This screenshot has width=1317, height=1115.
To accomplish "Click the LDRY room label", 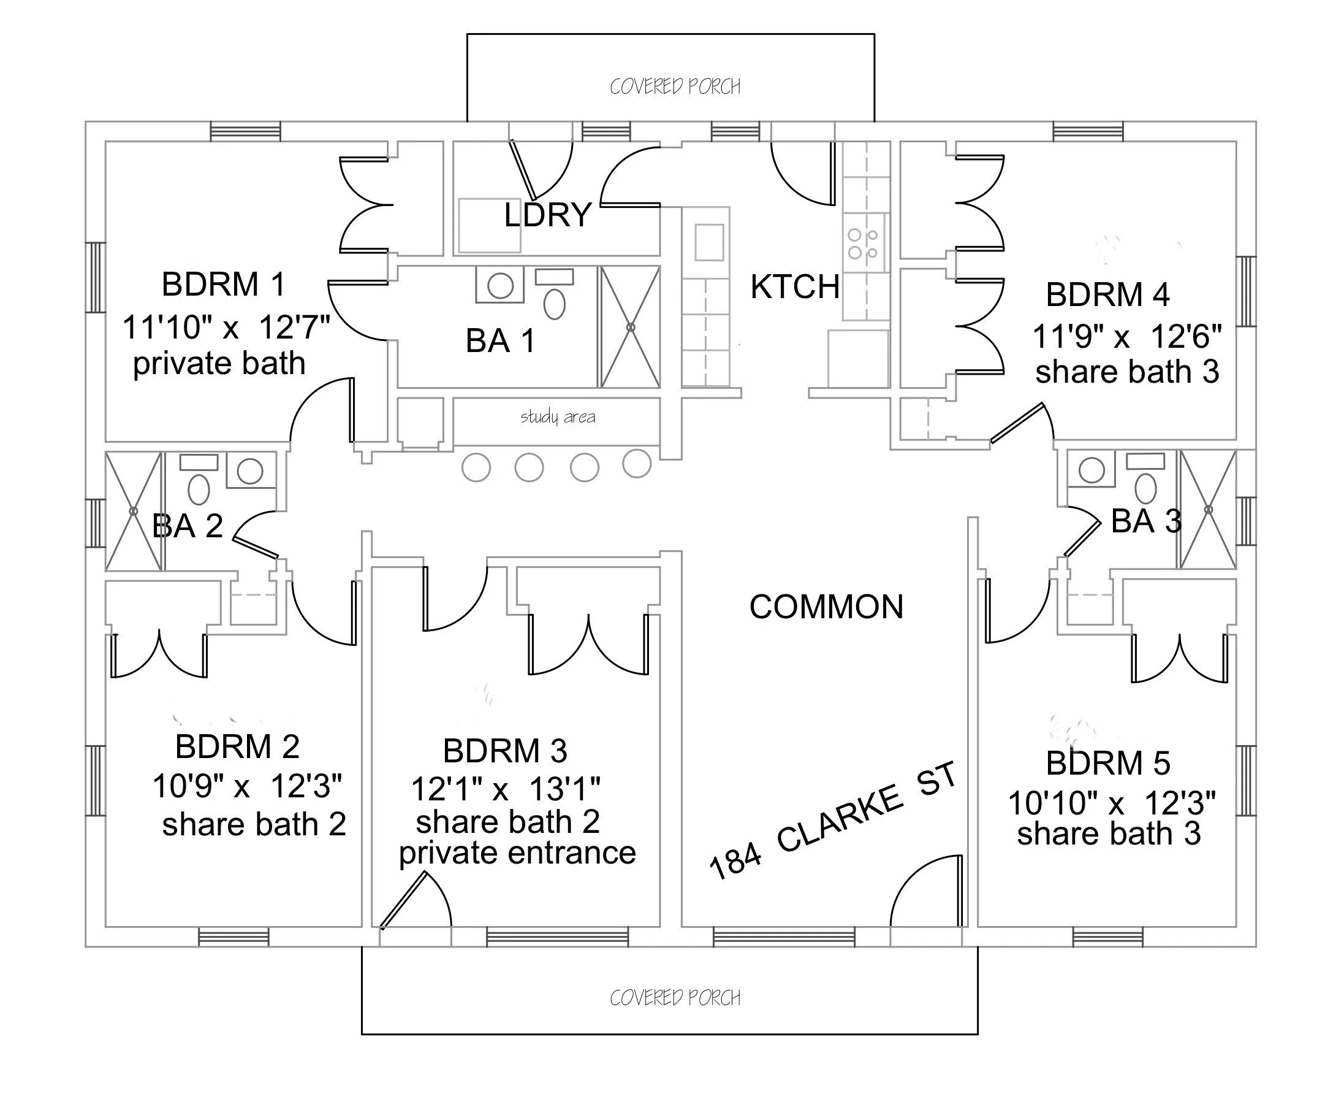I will pyautogui.click(x=547, y=215).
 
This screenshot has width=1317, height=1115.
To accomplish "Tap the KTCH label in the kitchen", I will pyautogui.click(x=795, y=287).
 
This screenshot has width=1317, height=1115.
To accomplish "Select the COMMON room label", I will pyautogui.click(x=826, y=607).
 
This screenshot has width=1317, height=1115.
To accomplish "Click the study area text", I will pyautogui.click(x=558, y=416).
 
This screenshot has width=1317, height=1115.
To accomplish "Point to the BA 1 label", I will pyautogui.click(x=500, y=342).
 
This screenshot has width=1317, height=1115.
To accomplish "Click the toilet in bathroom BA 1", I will pyautogui.click(x=555, y=304).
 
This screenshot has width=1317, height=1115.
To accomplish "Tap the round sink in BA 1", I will pyautogui.click(x=500, y=286).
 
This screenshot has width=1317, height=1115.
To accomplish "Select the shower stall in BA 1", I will pyautogui.click(x=631, y=327).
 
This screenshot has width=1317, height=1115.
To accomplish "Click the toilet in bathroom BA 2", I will pyautogui.click(x=199, y=490).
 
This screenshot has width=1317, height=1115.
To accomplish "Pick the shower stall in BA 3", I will pyautogui.click(x=1209, y=510).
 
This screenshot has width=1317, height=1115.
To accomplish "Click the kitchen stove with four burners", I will pyautogui.click(x=863, y=243).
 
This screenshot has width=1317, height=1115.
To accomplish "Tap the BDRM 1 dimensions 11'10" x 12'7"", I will pyautogui.click(x=226, y=327).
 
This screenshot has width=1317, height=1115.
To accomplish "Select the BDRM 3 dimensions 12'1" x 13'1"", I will pyautogui.click(x=506, y=789).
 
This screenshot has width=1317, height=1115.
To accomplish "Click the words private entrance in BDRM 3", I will pyautogui.click(x=517, y=853).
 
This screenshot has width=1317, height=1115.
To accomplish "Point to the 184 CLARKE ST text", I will pyautogui.click(x=832, y=822).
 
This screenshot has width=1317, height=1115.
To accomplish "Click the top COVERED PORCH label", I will pyautogui.click(x=675, y=86).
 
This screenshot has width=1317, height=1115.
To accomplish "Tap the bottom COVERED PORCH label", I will pyautogui.click(x=675, y=998).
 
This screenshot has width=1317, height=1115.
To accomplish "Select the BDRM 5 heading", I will pyautogui.click(x=1108, y=763).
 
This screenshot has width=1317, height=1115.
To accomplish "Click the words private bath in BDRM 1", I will pyautogui.click(x=219, y=364).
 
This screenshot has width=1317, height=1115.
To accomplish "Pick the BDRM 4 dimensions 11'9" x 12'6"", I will pyautogui.click(x=1127, y=336).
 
